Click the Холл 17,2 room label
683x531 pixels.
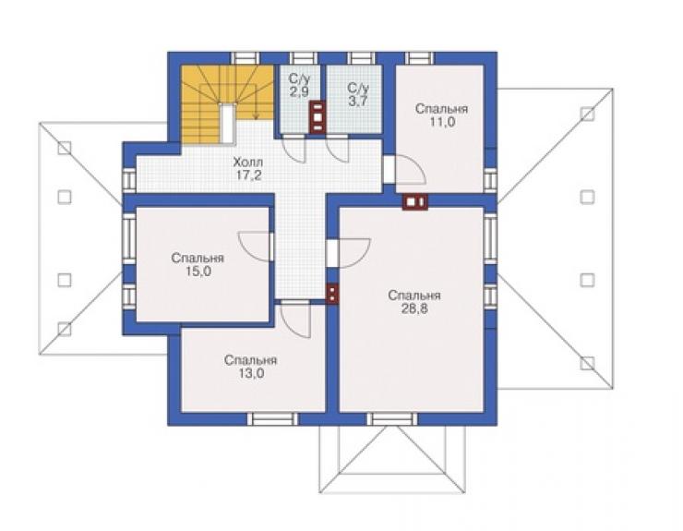point(248,169)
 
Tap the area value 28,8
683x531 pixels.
point(414,309)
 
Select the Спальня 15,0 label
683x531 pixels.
point(198,265)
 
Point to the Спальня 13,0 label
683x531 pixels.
point(251,367)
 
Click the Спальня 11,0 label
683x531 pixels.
point(442,115)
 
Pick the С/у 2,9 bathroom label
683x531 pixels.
point(299,85)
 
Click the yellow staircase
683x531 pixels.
point(226,103)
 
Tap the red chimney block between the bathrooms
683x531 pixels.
point(318,116)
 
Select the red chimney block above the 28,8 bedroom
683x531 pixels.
point(415,201)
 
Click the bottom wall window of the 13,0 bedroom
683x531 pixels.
point(273,419)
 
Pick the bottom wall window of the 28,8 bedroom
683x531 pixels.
point(392,419)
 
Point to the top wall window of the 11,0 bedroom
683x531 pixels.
point(420,58)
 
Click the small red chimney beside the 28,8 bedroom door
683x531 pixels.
point(332,293)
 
